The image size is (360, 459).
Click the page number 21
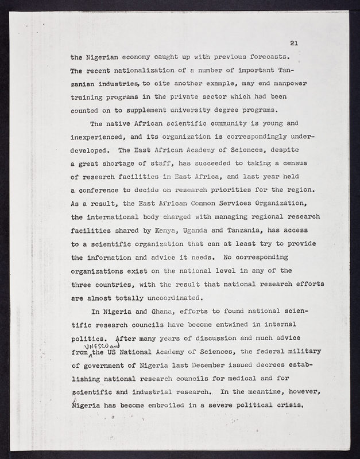pyautogui.click(x=294, y=43)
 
